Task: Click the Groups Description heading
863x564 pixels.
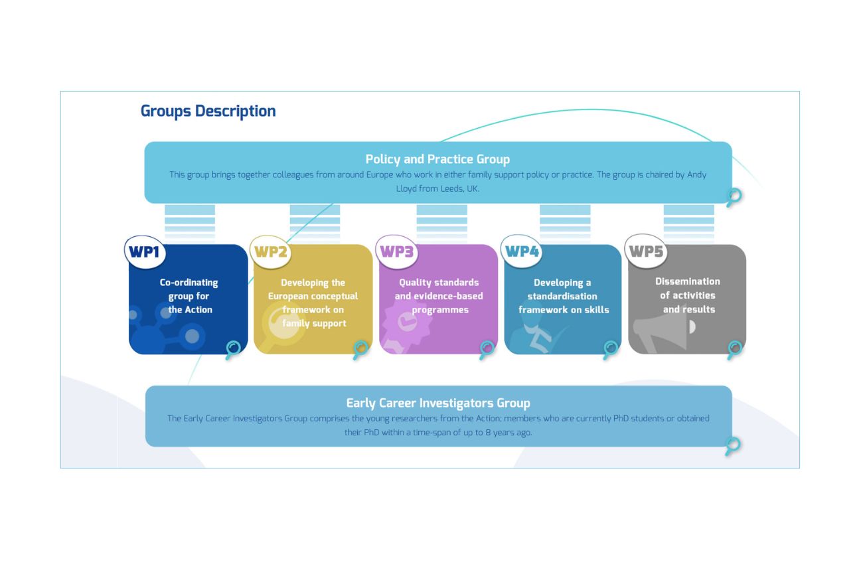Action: (x=208, y=111)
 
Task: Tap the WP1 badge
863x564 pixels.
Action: (x=145, y=252)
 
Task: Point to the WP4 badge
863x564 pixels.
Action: (x=522, y=251)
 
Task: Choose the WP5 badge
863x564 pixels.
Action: (x=646, y=251)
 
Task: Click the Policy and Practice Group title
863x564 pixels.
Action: (x=437, y=159)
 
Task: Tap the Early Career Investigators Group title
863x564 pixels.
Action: (x=438, y=403)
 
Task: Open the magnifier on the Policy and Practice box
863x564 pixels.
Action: (x=734, y=197)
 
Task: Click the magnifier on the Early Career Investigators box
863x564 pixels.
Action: (x=732, y=447)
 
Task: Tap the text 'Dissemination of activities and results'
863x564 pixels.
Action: (x=688, y=295)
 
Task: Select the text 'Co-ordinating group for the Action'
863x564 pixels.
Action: (x=189, y=296)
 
